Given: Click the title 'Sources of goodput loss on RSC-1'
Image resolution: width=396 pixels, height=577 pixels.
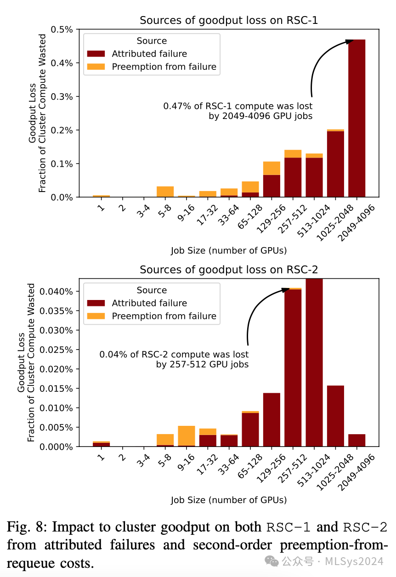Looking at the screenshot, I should [x=229, y=21].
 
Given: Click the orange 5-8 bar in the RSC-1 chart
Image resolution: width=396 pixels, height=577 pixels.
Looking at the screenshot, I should [x=165, y=192].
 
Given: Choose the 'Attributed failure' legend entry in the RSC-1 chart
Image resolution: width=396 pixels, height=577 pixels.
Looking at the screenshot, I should [x=149, y=54].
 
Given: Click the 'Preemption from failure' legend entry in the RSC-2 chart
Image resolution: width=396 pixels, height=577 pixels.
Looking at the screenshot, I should [x=164, y=316].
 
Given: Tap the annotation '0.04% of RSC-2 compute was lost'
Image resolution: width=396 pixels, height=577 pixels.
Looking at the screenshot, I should [x=174, y=355].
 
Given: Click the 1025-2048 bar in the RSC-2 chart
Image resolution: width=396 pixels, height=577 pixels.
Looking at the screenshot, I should [x=335, y=416].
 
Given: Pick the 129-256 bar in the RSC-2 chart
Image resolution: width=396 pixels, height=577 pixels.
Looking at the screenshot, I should [x=272, y=419].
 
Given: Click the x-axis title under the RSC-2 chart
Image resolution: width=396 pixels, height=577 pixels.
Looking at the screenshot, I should [x=229, y=500].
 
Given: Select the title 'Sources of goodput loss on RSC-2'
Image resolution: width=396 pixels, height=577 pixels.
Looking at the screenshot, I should [x=229, y=270].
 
